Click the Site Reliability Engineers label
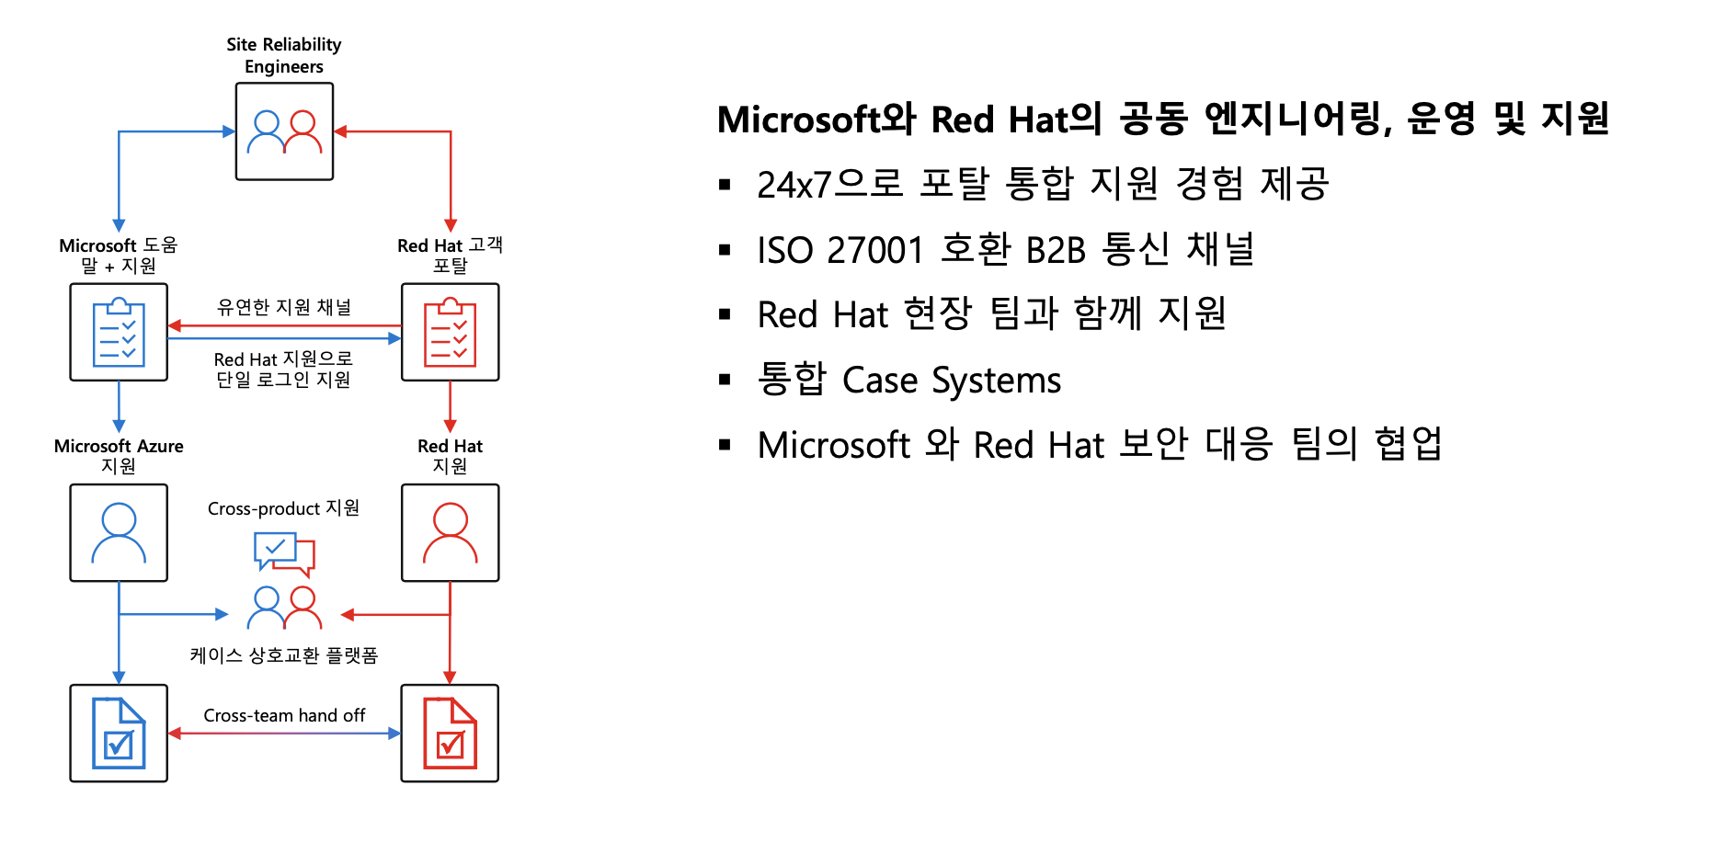[283, 55]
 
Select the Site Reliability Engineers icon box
[284, 131]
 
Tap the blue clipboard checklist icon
[119, 332]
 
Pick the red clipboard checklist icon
[450, 332]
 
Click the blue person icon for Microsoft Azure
[119, 532]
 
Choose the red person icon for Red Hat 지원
[450, 532]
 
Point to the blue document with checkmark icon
[119, 733]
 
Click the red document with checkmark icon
[450, 733]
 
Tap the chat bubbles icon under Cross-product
[284, 553]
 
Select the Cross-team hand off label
[284, 715]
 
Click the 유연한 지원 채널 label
[284, 307]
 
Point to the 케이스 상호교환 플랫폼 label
[284, 655]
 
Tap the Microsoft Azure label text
[119, 446]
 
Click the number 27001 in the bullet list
[874, 250]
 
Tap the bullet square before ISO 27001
[725, 250]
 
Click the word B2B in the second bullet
[1056, 250]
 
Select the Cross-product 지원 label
[283, 508]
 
